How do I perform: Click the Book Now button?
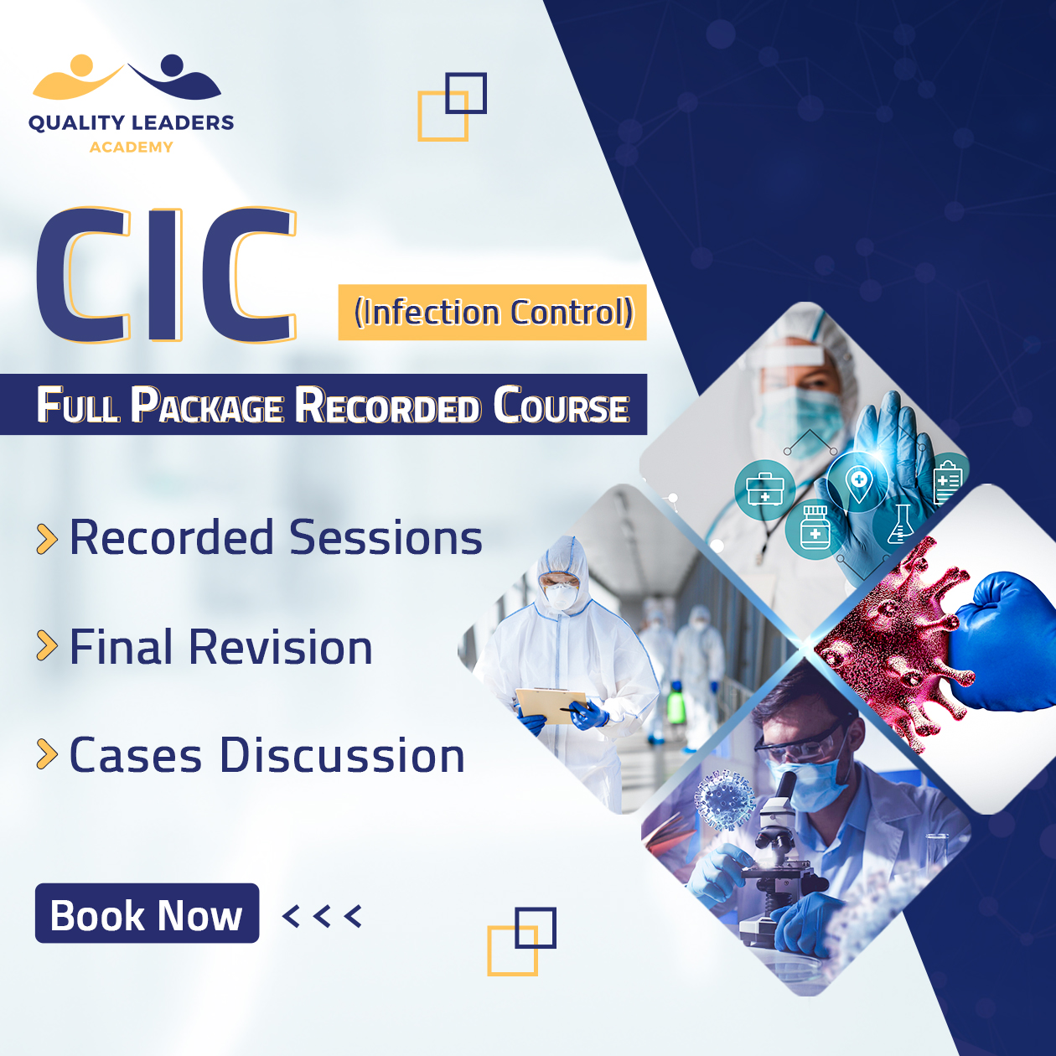(x=147, y=913)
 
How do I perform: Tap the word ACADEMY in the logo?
(x=132, y=148)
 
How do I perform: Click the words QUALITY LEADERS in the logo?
(x=132, y=122)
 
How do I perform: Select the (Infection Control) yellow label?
(x=492, y=313)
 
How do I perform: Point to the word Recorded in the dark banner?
(x=387, y=406)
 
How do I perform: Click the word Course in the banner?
(x=562, y=405)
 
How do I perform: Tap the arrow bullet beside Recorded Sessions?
(x=47, y=539)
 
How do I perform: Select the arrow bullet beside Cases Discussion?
(x=47, y=754)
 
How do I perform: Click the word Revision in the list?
(x=281, y=647)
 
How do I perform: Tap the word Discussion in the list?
(x=342, y=755)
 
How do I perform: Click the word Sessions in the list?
(x=386, y=538)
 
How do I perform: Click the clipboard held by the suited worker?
(x=550, y=704)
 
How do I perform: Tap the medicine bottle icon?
(x=815, y=528)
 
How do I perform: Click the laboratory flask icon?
(x=900, y=525)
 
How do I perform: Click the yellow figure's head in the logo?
(x=81, y=65)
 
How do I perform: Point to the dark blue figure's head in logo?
(x=172, y=65)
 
